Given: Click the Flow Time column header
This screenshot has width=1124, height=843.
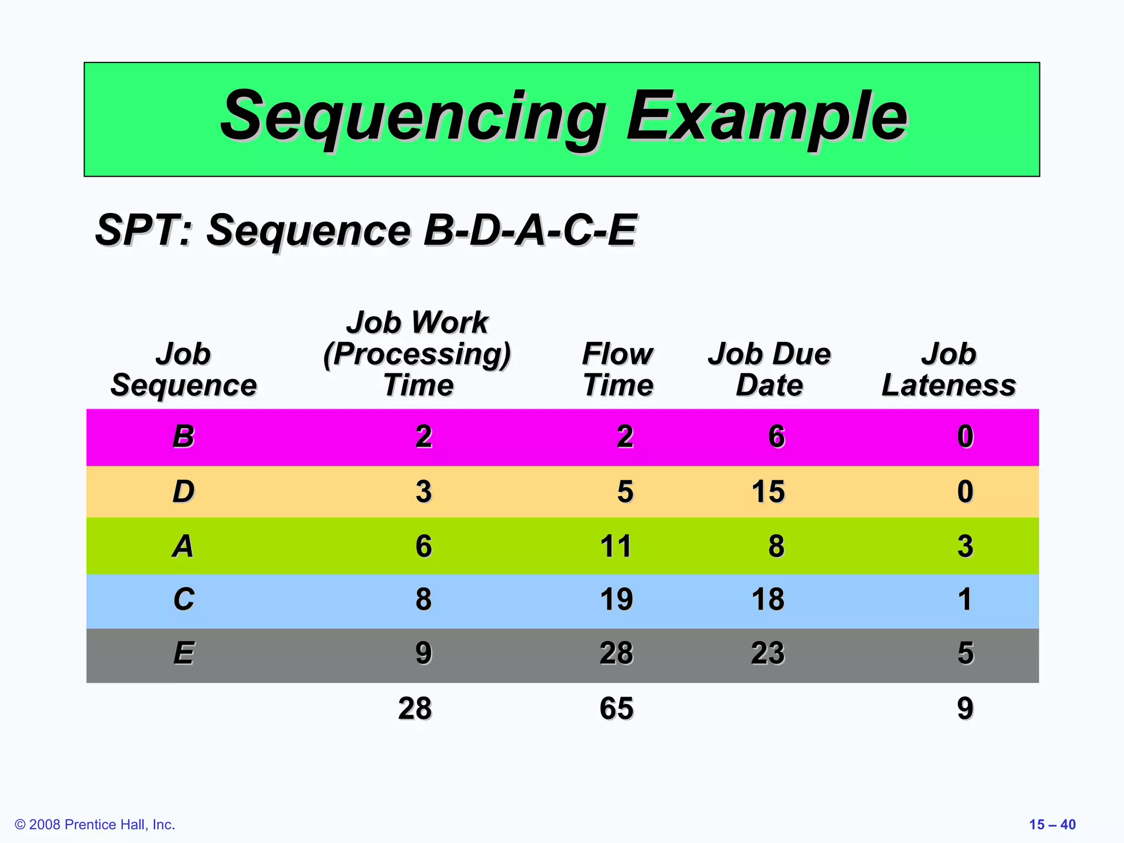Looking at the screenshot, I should coord(617,369).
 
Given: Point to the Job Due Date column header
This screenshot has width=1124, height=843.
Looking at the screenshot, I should coord(769,369).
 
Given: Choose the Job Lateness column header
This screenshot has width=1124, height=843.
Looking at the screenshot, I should coord(948,369).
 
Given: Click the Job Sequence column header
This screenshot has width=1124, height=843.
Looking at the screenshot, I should coord(183,369).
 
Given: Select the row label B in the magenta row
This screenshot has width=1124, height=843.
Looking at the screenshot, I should coord(183,437).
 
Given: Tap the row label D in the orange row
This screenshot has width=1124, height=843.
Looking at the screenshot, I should coord(183,491).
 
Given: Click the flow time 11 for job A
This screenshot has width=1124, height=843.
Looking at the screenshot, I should coord(616,546).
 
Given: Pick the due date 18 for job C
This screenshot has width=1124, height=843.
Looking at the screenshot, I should coord(768,599).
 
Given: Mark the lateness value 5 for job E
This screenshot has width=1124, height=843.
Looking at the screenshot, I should coord(965,653).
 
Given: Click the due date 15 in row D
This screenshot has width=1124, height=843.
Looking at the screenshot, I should coord(768,491).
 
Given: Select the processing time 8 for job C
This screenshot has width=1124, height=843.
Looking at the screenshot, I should coord(423,599).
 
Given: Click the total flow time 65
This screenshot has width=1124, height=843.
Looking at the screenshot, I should coord(616,709).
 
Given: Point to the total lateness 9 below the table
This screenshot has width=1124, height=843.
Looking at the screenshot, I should coord(965,709).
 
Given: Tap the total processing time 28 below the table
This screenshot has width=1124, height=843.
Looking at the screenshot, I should coord(415,709).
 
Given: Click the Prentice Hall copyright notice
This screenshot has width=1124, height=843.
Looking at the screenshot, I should coord(95,824).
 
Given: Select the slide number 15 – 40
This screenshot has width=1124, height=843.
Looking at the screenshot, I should coord(1052,824).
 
